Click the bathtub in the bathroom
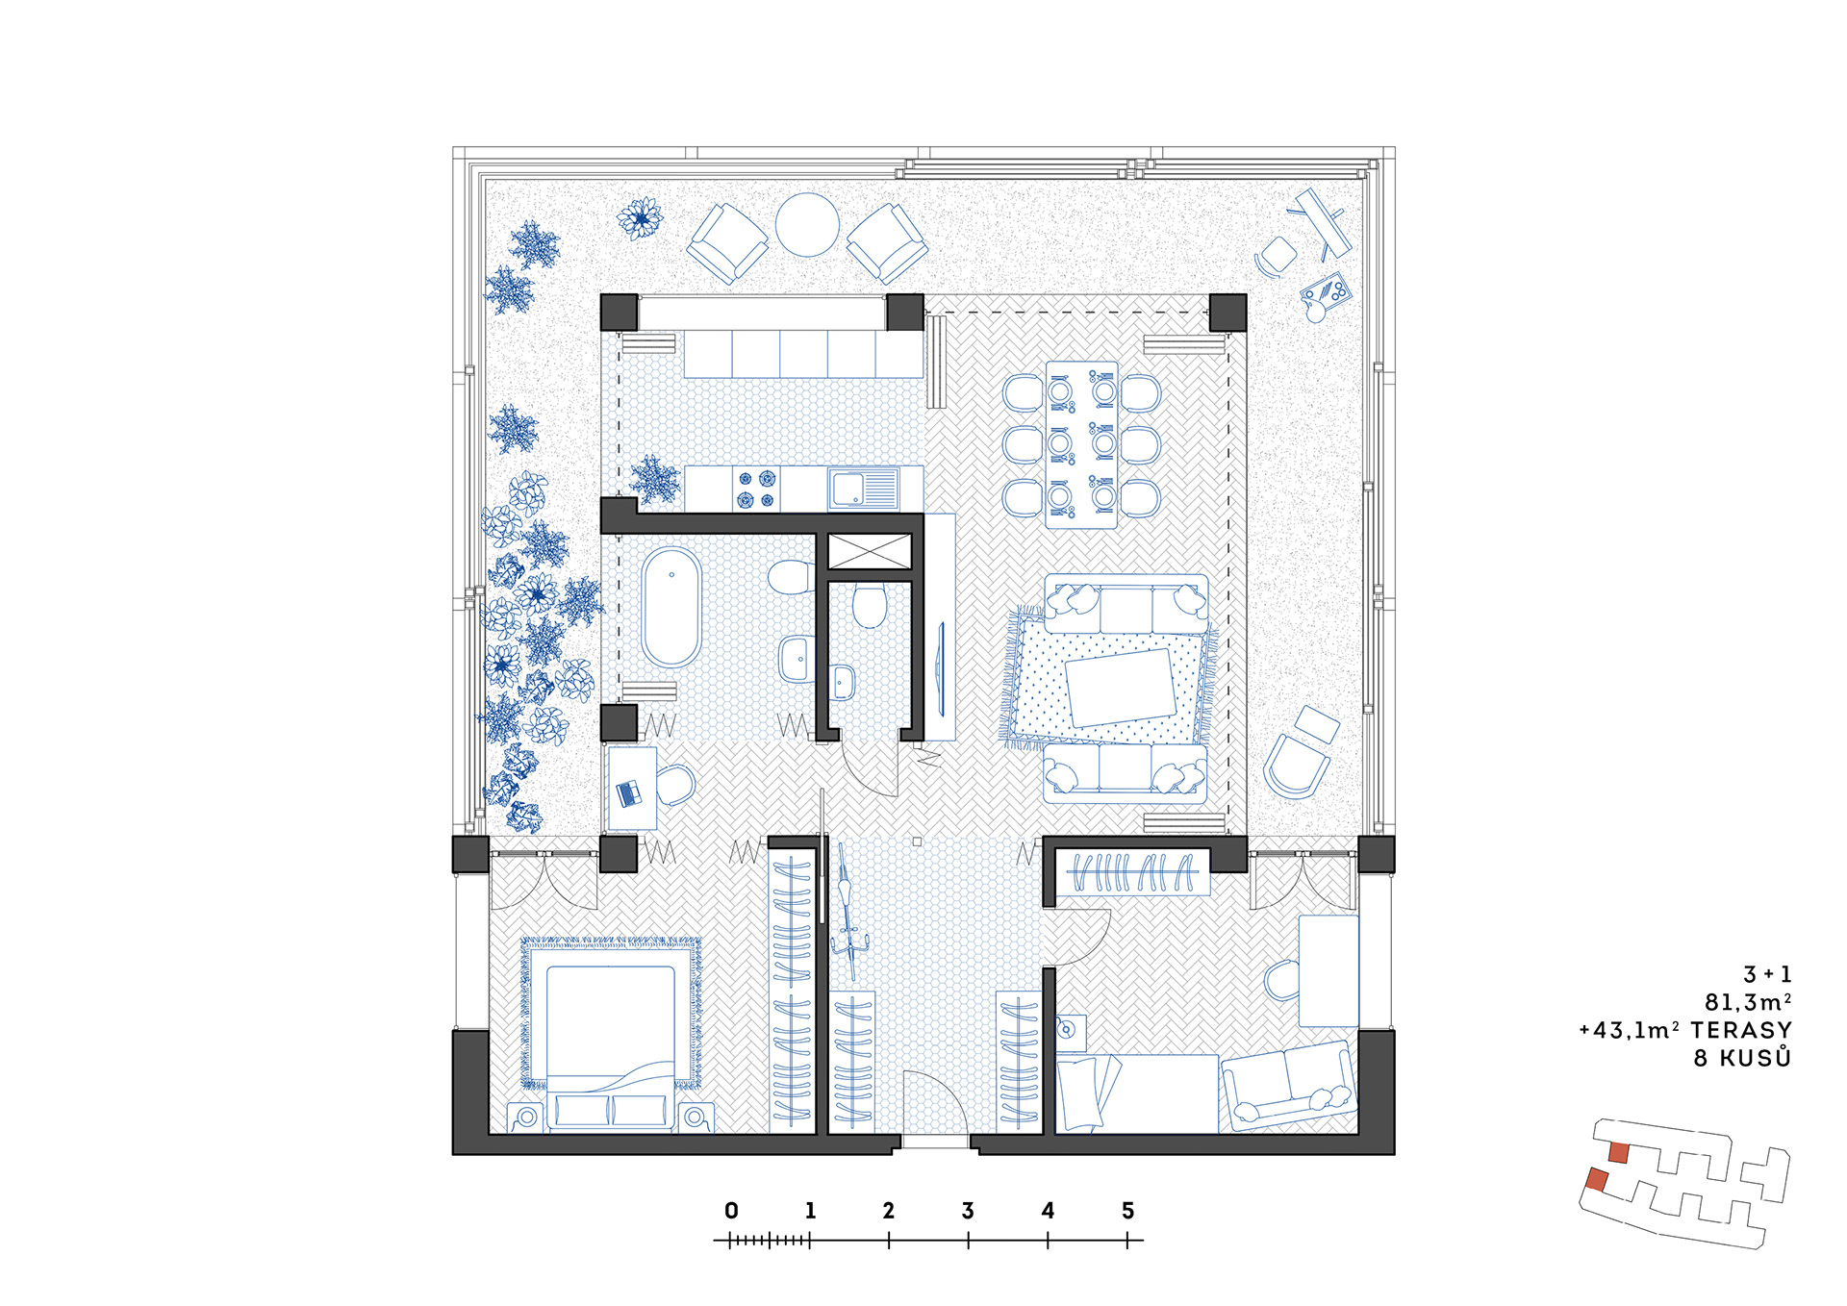point(671,607)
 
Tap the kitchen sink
point(864,490)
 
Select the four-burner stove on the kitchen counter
point(756,489)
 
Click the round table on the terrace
point(807,225)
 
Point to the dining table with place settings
point(1082,444)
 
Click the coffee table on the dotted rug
point(1122,687)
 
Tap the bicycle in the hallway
point(848,912)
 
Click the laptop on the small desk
point(629,792)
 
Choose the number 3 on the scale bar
point(968,1211)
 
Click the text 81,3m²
point(1748,1002)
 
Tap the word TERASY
point(1741,1030)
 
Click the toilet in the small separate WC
point(870,605)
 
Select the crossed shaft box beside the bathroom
point(870,552)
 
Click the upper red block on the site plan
point(1619,1152)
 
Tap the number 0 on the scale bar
point(731,1211)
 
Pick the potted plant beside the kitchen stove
point(655,478)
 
